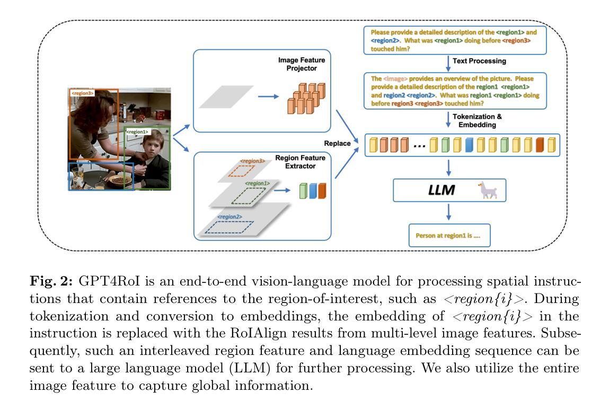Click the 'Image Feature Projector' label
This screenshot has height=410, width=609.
point(302,64)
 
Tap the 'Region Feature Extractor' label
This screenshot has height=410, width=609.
point(300,162)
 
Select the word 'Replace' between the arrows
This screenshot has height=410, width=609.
point(337,143)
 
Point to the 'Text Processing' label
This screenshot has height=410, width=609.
point(479,61)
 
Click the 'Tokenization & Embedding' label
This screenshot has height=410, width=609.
point(477,120)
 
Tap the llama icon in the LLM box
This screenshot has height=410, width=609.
point(487,190)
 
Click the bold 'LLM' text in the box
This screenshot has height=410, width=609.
point(441,190)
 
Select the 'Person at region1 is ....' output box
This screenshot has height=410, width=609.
point(449,235)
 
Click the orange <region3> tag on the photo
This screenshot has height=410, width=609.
point(82,93)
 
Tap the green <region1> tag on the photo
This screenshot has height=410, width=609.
point(137,132)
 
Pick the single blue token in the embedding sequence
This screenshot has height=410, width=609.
point(469,145)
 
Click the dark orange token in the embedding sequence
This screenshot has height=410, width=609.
point(540,145)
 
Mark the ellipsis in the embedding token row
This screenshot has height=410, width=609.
point(419,146)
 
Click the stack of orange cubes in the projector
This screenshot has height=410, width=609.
point(306,98)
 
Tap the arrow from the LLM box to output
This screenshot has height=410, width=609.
point(448,212)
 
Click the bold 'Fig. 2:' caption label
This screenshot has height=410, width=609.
point(51,281)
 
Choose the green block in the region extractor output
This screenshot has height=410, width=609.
point(303,191)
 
